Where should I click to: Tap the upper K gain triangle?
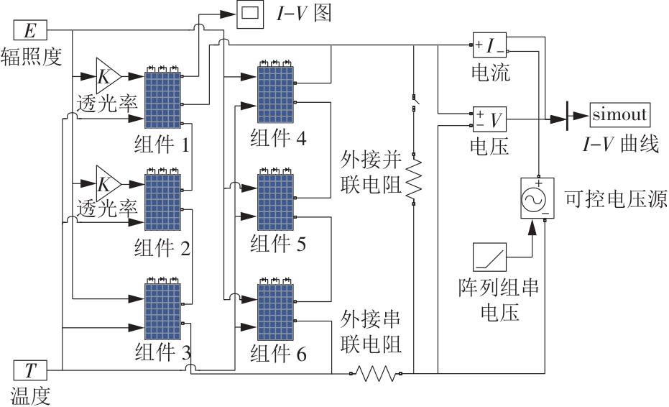coord(108,74)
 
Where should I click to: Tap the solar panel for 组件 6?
coord(276,313)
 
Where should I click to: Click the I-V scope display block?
coord(252,14)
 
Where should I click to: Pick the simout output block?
coord(620,114)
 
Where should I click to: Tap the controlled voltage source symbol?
coord(536,197)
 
